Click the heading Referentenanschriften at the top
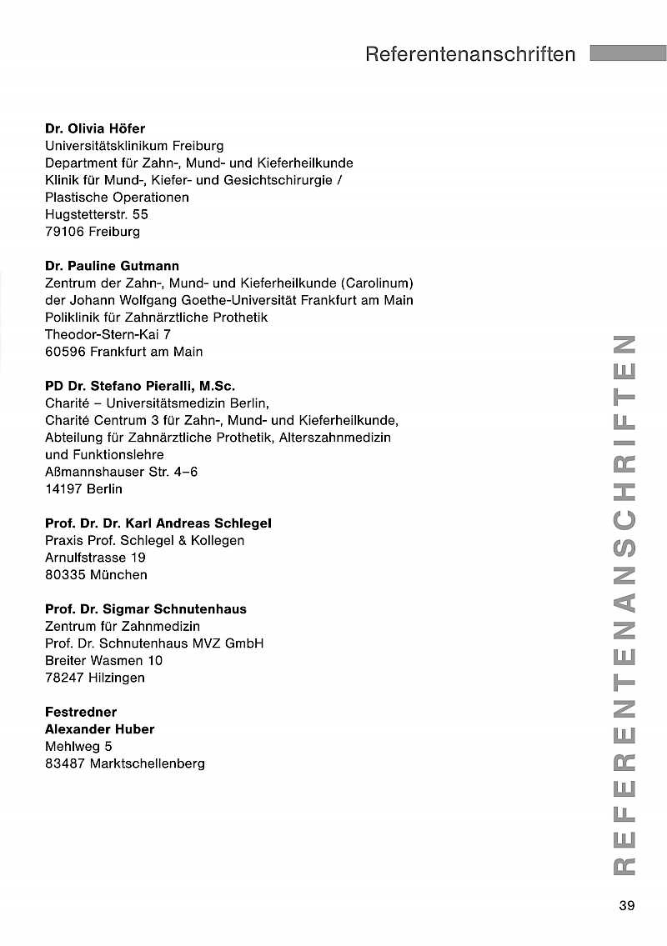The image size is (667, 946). point(470,55)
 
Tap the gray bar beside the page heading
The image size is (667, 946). point(628,53)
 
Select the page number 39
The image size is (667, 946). point(627,906)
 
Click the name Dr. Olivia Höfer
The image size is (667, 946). point(95,128)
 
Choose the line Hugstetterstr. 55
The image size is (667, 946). point(97,214)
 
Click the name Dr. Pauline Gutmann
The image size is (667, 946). point(112,266)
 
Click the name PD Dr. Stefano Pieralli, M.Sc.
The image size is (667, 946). point(140,386)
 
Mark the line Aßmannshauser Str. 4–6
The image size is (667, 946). point(121,472)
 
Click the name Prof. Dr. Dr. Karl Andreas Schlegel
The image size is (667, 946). point(158,523)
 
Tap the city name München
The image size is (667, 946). point(120,575)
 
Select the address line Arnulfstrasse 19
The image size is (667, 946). point(95,558)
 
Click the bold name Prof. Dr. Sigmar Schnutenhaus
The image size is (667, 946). point(146,609)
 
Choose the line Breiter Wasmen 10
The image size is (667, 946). point(104,661)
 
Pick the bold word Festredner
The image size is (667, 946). point(81,712)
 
